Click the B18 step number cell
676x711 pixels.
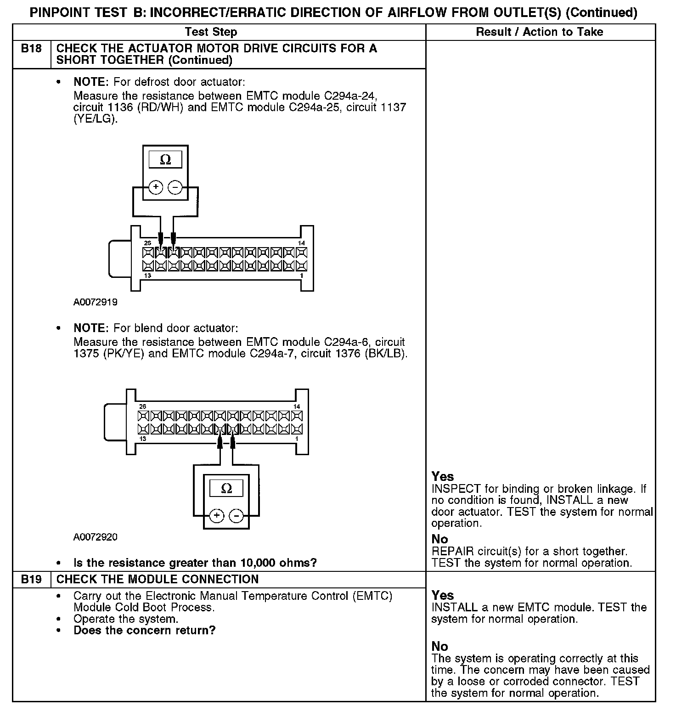pyautogui.click(x=31, y=48)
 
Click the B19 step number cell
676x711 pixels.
pyautogui.click(x=31, y=579)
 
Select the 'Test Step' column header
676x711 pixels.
pyautogui.click(x=211, y=32)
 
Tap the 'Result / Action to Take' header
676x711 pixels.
pyautogui.click(x=540, y=32)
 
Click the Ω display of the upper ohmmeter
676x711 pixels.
pyautogui.click(x=165, y=160)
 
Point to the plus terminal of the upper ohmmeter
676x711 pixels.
pyautogui.click(x=156, y=187)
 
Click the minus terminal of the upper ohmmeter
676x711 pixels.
pyautogui.click(x=175, y=187)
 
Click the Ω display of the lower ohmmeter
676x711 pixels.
pyautogui.click(x=226, y=488)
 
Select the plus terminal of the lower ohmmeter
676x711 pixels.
pyautogui.click(x=217, y=516)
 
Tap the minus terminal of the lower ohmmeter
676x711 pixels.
pyautogui.click(x=237, y=516)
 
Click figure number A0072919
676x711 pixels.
pyautogui.click(x=95, y=302)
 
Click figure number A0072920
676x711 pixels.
pyautogui.click(x=95, y=537)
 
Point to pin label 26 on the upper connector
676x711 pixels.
pyautogui.click(x=147, y=243)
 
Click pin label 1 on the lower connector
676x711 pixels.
pyautogui.click(x=297, y=439)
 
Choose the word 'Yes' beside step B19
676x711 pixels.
pyautogui.click(x=443, y=595)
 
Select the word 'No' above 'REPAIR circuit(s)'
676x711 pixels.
pyautogui.click(x=439, y=539)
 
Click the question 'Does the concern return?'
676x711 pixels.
pyautogui.click(x=144, y=630)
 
